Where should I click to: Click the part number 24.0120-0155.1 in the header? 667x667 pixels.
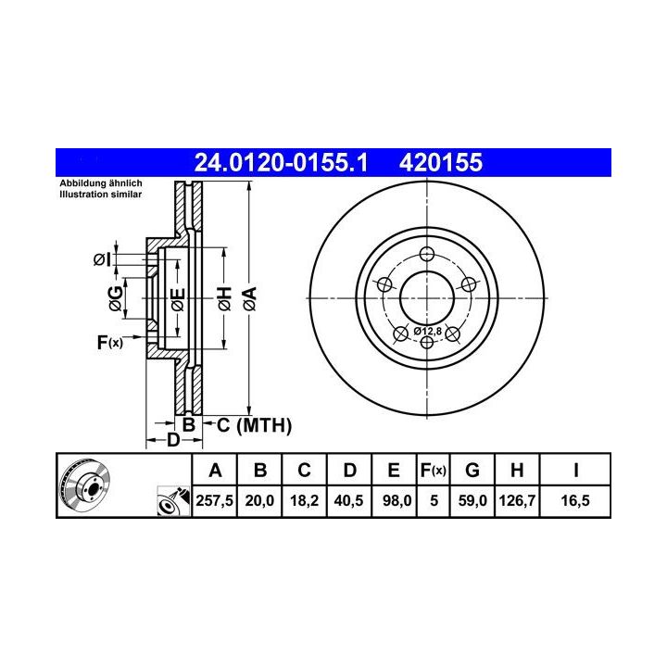coord(281,162)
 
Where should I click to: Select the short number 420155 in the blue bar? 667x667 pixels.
coord(441,162)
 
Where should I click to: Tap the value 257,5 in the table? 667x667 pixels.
coord(214,500)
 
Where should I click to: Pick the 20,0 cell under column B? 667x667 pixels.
coord(259,500)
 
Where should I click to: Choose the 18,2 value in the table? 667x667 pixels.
coord(304,500)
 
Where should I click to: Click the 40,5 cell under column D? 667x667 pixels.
coord(349,500)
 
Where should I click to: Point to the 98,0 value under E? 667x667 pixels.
coord(396,500)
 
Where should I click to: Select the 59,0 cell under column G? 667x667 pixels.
coord(472,500)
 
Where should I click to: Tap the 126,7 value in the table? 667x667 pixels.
coord(517,500)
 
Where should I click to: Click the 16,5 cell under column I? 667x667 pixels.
coord(575,500)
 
